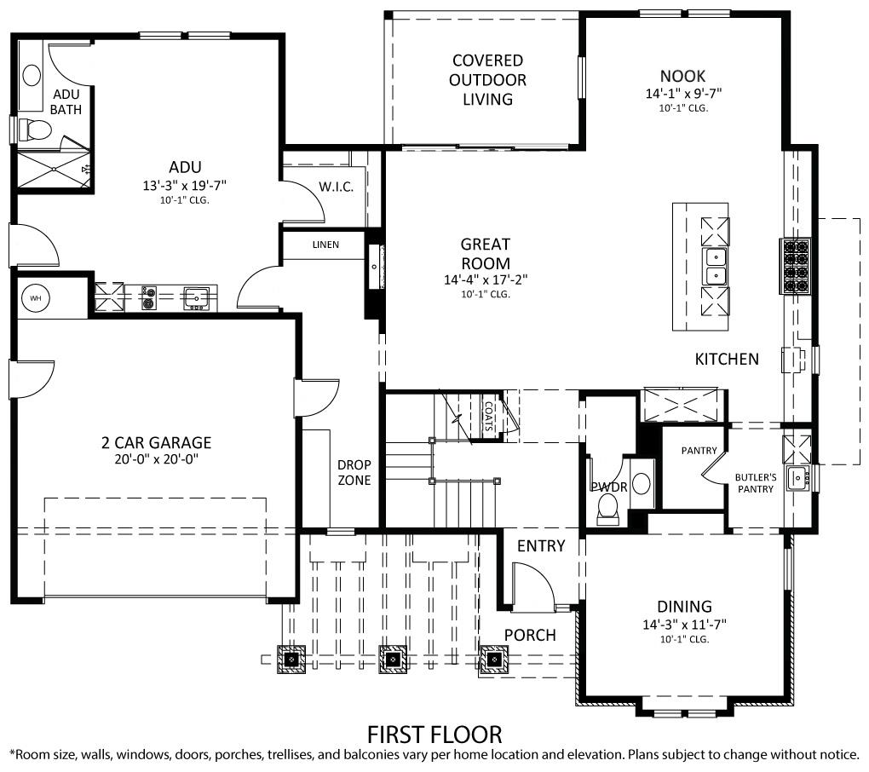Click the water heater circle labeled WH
[35, 298]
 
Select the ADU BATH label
[66, 101]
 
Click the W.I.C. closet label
[336, 187]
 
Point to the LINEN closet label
[325, 245]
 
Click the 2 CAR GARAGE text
[156, 442]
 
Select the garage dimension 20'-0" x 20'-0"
[156, 459]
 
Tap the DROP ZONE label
[354, 472]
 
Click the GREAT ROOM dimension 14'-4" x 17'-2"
[486, 279]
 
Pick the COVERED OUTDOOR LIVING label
[488, 80]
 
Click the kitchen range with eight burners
[797, 267]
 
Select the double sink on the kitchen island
[715, 266]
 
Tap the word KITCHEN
[727, 359]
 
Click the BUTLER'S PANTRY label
[756, 483]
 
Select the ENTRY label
[541, 545]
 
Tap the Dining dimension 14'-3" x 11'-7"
[684, 625]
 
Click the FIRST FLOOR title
[434, 734]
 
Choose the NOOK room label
[682, 76]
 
